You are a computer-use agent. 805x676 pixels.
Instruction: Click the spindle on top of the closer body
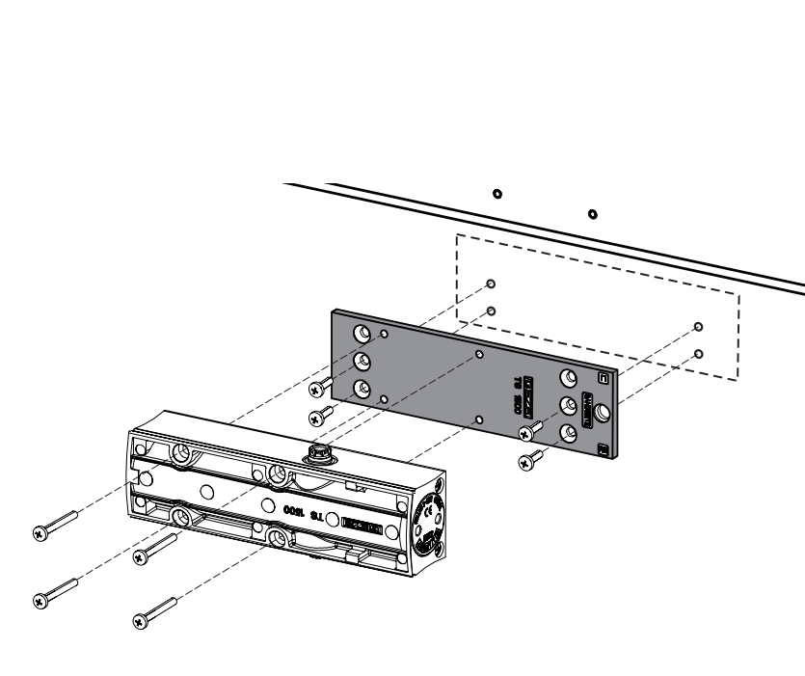[318, 452]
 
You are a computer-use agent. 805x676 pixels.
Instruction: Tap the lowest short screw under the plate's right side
[526, 463]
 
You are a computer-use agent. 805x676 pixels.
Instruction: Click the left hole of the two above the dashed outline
[496, 194]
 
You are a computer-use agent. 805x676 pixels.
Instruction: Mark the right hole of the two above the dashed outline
[592, 213]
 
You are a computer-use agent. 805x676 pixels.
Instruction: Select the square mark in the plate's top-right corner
[604, 379]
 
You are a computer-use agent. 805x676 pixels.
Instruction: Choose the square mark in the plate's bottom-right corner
[603, 449]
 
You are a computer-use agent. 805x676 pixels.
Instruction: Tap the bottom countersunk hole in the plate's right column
[569, 433]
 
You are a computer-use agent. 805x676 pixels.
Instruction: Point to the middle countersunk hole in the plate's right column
[569, 405]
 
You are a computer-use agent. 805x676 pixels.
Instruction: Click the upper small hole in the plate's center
[479, 355]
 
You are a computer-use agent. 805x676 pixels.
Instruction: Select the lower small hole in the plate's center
[479, 420]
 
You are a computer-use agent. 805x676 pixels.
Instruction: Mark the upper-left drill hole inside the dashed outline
[492, 284]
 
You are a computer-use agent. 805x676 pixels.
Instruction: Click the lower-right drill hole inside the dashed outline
[698, 353]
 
